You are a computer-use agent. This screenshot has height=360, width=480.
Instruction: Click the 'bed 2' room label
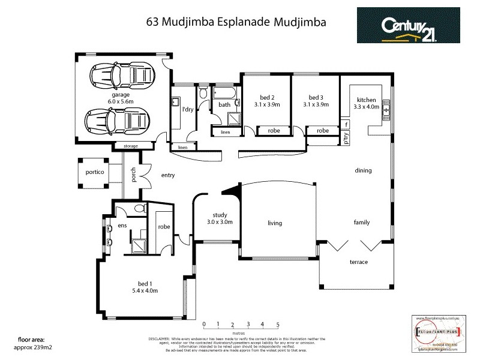267,100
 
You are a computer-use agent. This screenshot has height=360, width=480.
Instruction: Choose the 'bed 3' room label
316,100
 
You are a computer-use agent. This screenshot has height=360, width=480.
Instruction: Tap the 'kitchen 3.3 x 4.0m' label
366,103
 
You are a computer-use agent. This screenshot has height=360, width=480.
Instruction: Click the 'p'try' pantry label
346,138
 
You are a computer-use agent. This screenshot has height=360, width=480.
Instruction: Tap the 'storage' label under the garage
130,146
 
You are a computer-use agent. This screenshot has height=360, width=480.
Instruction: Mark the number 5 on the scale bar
278,325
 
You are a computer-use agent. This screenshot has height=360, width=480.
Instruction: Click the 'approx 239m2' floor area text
22,347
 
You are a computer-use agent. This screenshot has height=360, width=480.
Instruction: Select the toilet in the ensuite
140,209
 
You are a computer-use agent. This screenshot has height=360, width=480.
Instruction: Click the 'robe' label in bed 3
323,130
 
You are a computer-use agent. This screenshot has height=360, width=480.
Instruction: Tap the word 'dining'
363,170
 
